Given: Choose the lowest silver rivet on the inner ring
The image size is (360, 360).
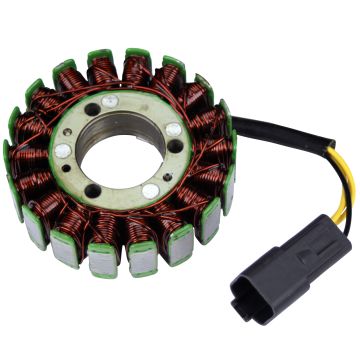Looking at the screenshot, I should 151,190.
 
